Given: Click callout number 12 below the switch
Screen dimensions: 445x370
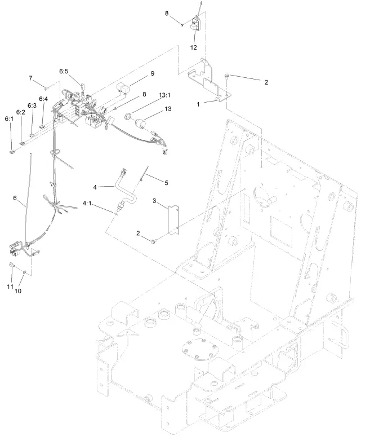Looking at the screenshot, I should pos(193,47).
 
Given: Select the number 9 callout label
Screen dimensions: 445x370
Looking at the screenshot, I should pos(152,74).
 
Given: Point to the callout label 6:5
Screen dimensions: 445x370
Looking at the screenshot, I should pos(64,72).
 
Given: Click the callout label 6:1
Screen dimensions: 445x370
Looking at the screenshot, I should pos(9,119).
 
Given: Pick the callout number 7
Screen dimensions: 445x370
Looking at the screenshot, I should pos(30,78).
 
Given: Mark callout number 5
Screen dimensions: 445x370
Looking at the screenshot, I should pos(166,182).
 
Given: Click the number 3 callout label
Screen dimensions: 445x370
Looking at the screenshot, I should pos(154,200).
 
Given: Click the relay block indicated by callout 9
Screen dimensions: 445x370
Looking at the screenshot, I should pos(124,87).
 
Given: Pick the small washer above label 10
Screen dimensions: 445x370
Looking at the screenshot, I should pos(25,271).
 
